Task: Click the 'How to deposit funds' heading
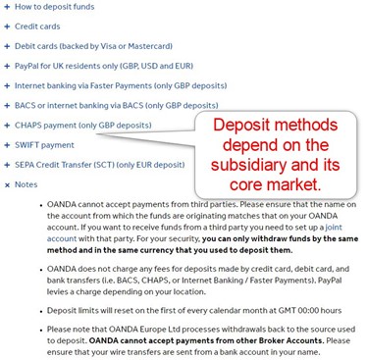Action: pyautogui.click(x=56, y=7)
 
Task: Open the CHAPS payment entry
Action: pyautogui.click(x=82, y=125)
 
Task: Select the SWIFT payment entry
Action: pyautogui.click(x=44, y=144)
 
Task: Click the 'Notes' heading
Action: pyautogui.click(x=26, y=183)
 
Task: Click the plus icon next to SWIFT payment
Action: pyautogui.click(x=6, y=144)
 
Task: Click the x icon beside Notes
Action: pyautogui.click(x=6, y=183)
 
